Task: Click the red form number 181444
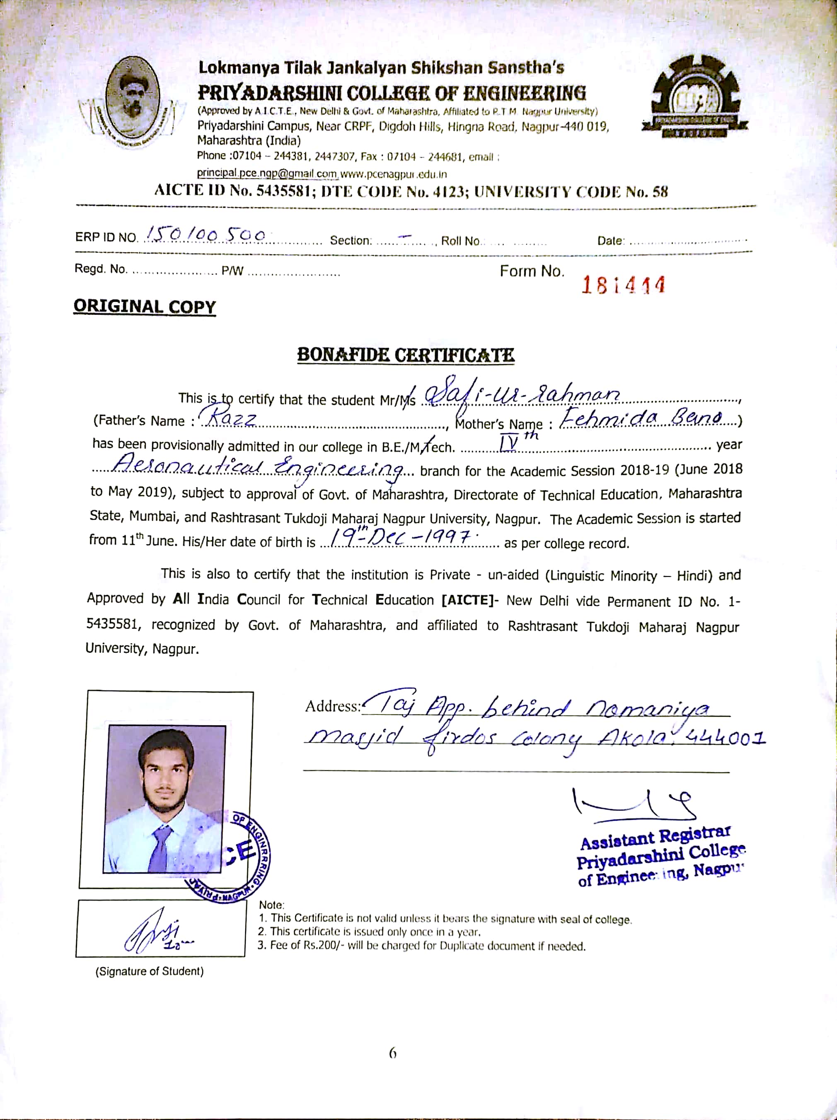[x=623, y=285]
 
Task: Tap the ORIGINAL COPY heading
[x=145, y=307]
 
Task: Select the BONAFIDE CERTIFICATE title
[x=405, y=355]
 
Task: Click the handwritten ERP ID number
[x=206, y=234]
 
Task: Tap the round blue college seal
[x=238, y=856]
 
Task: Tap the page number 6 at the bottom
[x=393, y=1054]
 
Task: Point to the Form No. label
[x=532, y=271]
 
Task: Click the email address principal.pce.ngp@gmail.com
[x=267, y=174]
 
